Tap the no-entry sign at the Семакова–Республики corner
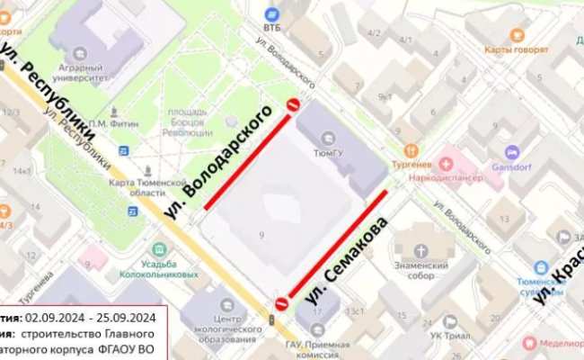coord(281,303)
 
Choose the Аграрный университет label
coord(82,72)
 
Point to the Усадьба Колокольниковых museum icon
coord(159,248)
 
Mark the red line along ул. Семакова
coord(338,243)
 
